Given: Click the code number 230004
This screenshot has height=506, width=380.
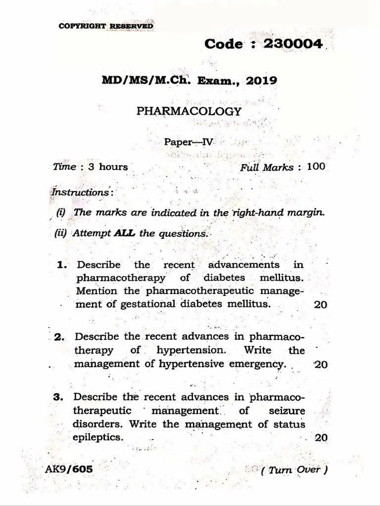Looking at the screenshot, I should tap(293, 43).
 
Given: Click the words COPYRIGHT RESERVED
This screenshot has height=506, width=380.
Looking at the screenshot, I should tap(105, 26).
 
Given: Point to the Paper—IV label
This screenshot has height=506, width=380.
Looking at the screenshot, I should tap(189, 142).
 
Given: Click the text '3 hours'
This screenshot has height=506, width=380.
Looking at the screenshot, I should tap(108, 167).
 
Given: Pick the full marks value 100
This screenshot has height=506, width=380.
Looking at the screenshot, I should tap(316, 167).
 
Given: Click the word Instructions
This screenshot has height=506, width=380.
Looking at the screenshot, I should tap(82, 192).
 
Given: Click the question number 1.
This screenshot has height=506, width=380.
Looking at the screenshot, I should tap(62, 265).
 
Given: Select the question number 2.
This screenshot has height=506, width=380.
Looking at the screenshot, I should tap(60, 337).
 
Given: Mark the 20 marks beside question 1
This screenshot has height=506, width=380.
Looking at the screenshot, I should tap(320, 304).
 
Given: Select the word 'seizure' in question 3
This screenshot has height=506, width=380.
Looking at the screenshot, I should tap(287, 411).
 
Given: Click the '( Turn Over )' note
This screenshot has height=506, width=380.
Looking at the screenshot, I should tap(295, 470).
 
